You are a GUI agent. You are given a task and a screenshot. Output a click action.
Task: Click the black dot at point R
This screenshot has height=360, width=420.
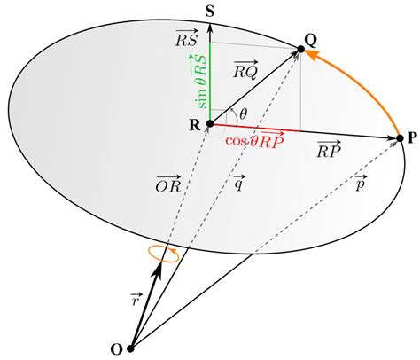[x=210, y=123]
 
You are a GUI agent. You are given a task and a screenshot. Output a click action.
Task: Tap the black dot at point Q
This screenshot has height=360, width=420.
[x=300, y=49]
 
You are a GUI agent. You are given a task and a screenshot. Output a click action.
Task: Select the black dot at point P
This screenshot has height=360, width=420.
[x=400, y=138]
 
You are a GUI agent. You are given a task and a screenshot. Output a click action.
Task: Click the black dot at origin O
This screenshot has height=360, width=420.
[x=130, y=348]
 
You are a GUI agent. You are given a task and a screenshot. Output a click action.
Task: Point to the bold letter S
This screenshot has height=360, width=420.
[x=210, y=12]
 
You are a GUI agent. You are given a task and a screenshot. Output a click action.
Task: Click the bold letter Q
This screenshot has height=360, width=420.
[x=311, y=42]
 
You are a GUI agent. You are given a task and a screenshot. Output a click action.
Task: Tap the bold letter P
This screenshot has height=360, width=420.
[x=412, y=138]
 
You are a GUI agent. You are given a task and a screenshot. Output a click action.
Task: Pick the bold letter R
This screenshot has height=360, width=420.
[x=195, y=125]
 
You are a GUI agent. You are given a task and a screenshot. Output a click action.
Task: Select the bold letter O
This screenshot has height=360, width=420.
[x=116, y=349]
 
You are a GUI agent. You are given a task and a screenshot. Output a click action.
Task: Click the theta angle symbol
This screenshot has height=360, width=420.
[x=243, y=113]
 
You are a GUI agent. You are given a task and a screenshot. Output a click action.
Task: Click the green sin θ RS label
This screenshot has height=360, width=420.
[x=202, y=82]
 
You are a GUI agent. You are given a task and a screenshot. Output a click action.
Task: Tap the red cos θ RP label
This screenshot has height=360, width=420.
[x=254, y=140]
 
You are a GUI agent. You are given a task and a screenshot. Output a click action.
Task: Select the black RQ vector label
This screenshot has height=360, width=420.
[x=245, y=70]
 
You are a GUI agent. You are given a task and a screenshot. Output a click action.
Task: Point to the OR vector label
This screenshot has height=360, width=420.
[x=168, y=184]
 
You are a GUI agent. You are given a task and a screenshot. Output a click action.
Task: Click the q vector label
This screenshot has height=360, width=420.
[x=238, y=183]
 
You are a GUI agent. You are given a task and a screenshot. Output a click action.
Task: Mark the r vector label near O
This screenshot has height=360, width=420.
[x=136, y=299]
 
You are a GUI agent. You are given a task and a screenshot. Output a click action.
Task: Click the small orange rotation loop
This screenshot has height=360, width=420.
[x=164, y=254]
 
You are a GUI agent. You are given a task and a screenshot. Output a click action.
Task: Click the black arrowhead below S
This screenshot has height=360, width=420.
[x=210, y=28]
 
